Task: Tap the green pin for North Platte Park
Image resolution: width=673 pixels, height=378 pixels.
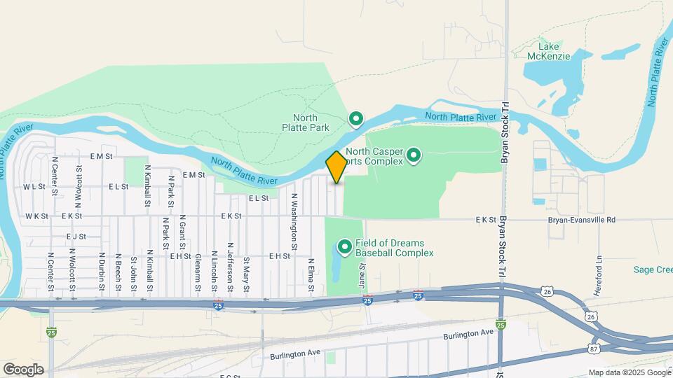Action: point(356,120)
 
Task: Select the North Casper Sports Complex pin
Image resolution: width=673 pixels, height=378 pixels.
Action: point(414,155)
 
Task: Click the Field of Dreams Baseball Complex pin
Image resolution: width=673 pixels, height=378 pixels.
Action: point(345,246)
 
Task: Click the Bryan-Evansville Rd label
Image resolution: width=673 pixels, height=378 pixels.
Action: point(581,220)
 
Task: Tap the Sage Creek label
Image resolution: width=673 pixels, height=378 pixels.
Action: point(653,269)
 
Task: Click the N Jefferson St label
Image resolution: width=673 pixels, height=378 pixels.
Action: point(229,264)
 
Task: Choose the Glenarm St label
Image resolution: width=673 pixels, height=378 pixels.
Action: point(198,270)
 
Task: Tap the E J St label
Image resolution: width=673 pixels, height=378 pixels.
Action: point(76,237)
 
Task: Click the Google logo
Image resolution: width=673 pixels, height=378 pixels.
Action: point(23,370)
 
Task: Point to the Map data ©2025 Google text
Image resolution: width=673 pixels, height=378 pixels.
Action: point(628,372)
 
